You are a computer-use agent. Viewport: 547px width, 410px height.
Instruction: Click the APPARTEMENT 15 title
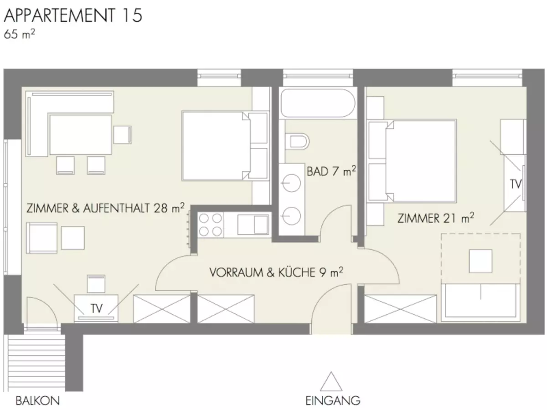click(x=73, y=15)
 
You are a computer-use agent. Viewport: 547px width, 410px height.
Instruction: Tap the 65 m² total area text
click(x=19, y=34)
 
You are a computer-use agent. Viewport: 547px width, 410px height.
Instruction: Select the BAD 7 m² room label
click(x=331, y=171)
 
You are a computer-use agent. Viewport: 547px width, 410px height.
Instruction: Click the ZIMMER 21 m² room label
click(x=435, y=218)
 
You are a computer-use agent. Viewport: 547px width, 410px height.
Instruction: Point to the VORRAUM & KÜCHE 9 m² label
click(x=276, y=272)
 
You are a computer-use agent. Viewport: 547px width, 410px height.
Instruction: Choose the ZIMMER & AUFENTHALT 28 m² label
click(x=105, y=208)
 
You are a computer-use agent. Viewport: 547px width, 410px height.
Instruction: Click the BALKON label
click(x=38, y=400)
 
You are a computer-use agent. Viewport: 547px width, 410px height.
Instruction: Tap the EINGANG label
click(x=333, y=400)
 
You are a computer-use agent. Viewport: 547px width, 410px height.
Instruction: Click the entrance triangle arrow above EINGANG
click(x=331, y=381)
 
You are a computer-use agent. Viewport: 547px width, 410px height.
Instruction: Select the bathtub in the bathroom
click(x=317, y=103)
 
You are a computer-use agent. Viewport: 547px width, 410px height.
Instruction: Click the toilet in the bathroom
click(x=297, y=141)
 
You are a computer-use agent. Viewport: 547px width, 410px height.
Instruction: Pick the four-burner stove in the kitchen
click(x=210, y=225)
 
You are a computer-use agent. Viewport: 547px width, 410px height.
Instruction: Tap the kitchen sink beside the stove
click(x=253, y=225)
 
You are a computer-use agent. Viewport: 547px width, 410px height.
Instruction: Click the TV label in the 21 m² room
click(x=516, y=184)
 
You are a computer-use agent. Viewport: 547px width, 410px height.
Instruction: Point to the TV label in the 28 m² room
click(x=97, y=308)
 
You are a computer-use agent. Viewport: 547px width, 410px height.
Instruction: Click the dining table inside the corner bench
click(x=81, y=134)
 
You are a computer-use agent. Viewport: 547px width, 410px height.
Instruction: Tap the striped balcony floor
click(x=36, y=363)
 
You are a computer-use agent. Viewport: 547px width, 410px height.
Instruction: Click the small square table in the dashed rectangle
click(x=480, y=261)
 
